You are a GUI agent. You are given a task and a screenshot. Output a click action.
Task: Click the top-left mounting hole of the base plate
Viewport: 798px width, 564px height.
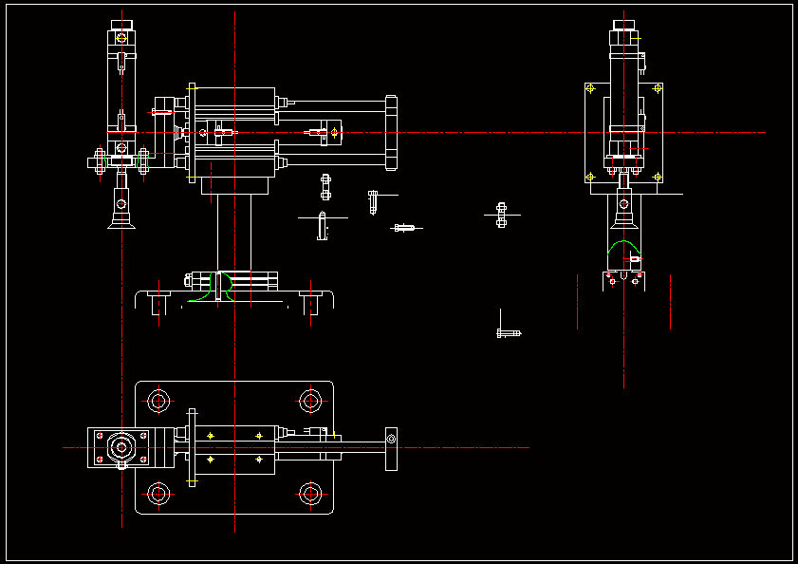click(158, 401)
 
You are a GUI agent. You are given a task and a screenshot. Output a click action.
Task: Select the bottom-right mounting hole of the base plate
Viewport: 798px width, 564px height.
click(309, 494)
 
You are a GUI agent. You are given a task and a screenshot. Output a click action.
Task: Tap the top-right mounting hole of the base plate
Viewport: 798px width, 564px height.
click(309, 401)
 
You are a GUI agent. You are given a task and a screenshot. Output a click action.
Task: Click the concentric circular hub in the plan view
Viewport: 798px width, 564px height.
click(121, 446)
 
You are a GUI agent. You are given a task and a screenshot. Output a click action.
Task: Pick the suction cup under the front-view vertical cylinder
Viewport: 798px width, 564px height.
click(121, 216)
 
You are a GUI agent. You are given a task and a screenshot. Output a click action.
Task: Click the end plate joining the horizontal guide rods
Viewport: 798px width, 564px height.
click(390, 132)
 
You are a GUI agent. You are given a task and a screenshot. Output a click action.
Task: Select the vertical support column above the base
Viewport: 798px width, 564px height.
click(233, 233)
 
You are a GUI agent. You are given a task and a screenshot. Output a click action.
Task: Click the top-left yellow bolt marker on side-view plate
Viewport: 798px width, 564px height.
click(591, 89)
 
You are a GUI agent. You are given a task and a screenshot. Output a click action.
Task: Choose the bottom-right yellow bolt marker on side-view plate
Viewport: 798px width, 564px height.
click(656, 176)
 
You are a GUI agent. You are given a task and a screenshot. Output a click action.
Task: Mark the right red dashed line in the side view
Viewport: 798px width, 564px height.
click(670, 302)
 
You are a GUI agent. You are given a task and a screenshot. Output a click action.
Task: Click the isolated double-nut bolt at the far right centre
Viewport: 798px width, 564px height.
click(502, 216)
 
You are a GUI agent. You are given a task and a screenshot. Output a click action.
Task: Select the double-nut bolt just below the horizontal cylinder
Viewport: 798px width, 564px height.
click(325, 187)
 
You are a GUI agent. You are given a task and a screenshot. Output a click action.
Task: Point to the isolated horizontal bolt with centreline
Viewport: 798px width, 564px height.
click(406, 228)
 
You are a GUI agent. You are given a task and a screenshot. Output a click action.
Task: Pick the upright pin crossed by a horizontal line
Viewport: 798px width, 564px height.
click(322, 226)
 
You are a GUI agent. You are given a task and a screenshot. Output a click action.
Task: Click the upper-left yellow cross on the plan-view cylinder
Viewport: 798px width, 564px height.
click(210, 435)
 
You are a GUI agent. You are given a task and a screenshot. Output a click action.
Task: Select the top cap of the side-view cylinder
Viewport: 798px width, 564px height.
click(623, 25)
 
